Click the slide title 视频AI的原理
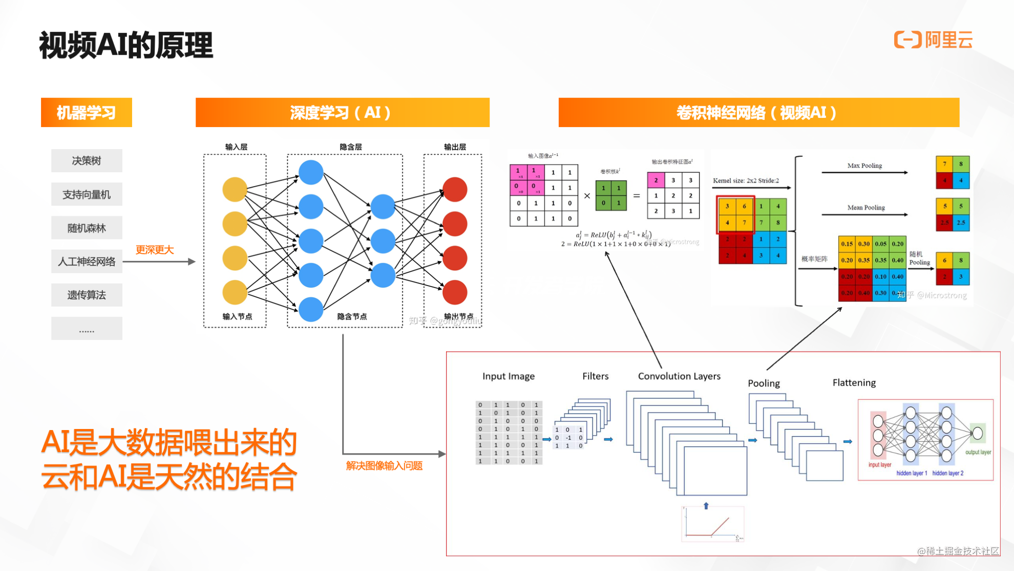126,45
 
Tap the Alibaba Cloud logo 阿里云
933,40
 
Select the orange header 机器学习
86,112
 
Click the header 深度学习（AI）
342,112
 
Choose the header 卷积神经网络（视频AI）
758,112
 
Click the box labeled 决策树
87,160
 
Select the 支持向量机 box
87,194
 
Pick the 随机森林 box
87,228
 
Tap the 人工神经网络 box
87,261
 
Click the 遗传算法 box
87,295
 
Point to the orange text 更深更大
155,250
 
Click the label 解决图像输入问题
384,465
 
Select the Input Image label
508,376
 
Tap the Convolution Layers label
679,376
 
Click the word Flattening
854,382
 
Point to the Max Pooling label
864,166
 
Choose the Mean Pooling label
865,208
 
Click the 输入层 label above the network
236,147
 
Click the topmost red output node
455,190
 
